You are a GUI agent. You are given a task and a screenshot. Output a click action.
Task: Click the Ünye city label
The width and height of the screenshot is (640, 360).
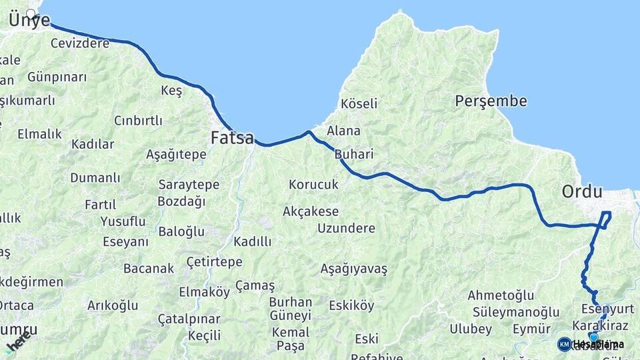[x=29, y=21]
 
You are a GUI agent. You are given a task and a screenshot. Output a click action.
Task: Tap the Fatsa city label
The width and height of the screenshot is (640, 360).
[x=232, y=138]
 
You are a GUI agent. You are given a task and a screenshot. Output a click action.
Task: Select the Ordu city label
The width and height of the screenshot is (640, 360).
[x=582, y=192]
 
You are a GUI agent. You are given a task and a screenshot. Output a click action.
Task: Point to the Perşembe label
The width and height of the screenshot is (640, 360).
[x=491, y=101]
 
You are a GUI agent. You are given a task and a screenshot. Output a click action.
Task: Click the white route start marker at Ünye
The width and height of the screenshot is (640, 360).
[x=31, y=13]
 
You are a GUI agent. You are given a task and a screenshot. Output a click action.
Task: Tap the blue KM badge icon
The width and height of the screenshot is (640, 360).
[x=564, y=344]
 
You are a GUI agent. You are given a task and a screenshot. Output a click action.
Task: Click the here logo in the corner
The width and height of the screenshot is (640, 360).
[x=18, y=341]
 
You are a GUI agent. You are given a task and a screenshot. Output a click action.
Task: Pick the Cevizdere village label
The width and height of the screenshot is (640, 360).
[x=80, y=43]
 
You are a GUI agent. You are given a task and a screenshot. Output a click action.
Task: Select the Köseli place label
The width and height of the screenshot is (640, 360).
[x=359, y=103]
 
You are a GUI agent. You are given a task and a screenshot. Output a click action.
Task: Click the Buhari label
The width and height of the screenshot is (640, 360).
[x=353, y=154]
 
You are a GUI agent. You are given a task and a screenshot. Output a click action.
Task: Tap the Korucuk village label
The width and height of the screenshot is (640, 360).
[x=313, y=184]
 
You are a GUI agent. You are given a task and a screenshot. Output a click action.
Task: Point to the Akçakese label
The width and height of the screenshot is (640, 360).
[x=311, y=211]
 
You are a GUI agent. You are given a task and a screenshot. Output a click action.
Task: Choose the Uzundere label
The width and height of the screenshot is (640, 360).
[x=346, y=228]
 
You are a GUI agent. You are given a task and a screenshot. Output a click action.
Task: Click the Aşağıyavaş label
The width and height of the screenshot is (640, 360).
[x=354, y=269]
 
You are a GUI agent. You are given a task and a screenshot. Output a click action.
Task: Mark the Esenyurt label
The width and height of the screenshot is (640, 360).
[x=607, y=309]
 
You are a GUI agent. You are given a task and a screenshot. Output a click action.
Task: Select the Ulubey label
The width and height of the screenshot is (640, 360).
[x=471, y=329]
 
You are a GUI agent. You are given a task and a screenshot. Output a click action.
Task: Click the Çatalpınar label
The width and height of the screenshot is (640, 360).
[x=189, y=319]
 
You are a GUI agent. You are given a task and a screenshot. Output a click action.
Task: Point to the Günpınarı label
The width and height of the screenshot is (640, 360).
[x=57, y=77]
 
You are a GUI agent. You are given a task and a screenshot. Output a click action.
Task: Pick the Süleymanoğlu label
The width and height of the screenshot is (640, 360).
[x=516, y=312]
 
